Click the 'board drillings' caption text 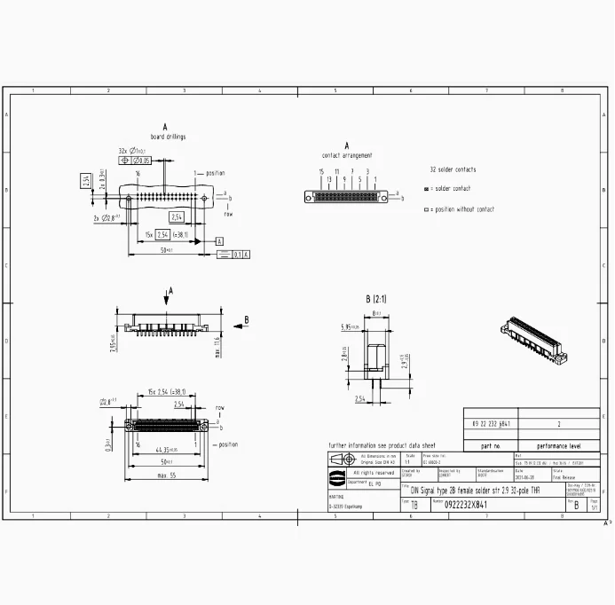[x=168, y=137]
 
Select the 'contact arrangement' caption [x=347, y=155]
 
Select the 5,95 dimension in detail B [x=350, y=327]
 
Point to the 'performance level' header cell [x=558, y=446]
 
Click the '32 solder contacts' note [x=453, y=169]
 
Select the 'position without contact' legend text [x=464, y=209]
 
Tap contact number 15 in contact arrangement [x=321, y=170]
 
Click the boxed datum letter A [x=218, y=240]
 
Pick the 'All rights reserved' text [x=373, y=473]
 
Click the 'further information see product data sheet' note [x=382, y=445]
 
